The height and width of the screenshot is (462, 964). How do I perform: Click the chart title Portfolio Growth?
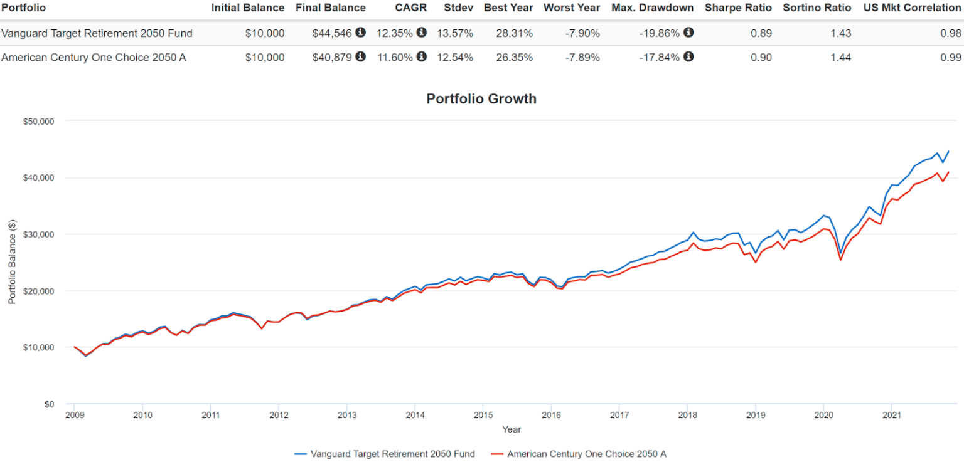click(x=481, y=98)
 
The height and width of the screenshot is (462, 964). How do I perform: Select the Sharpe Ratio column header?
click(x=738, y=8)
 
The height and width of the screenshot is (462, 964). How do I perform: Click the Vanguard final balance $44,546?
click(x=333, y=33)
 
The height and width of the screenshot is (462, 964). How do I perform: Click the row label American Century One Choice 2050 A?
click(x=94, y=58)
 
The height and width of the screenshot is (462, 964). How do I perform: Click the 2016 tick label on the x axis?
click(x=550, y=415)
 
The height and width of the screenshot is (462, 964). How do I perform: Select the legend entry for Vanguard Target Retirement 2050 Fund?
click(x=384, y=454)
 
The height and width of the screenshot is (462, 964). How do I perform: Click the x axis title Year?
click(x=511, y=429)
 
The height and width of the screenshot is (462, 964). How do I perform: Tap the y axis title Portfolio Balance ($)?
click(x=12, y=262)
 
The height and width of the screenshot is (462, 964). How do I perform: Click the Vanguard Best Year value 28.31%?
click(x=514, y=33)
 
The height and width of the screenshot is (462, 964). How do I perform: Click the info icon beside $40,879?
click(x=360, y=57)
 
